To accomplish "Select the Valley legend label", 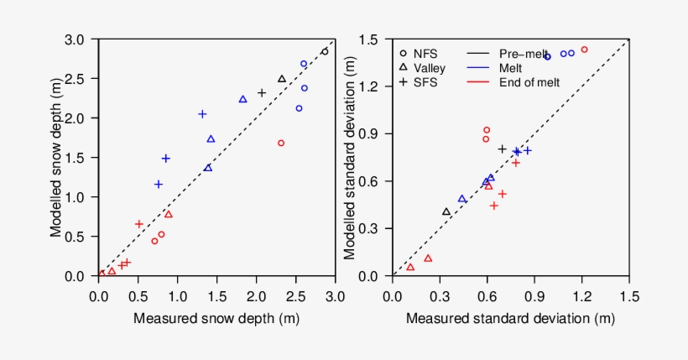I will point(429,68).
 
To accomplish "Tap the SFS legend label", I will point(425,82).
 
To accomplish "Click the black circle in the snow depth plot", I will point(325,51).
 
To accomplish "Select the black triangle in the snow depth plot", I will point(282,79).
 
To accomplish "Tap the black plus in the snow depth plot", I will point(262,93).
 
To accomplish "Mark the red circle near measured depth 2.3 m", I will point(281,143).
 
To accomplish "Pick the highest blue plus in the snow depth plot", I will point(202,114).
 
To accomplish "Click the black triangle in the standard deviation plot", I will point(446,212).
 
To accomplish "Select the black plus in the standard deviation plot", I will point(502,149).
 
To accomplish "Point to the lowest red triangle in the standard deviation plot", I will point(410,267).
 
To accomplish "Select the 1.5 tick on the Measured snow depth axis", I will point(216,295).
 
